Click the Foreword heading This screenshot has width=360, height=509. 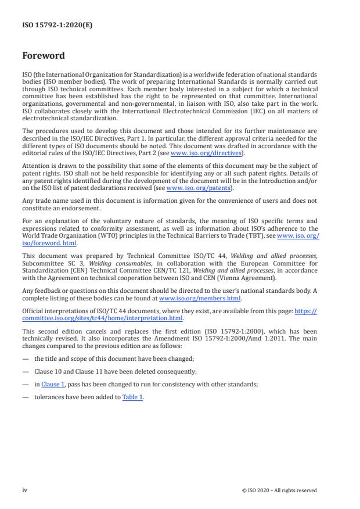pos(43,56)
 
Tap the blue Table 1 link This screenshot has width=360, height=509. pos(132,397)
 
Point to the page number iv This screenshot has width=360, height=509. pos(25,490)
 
